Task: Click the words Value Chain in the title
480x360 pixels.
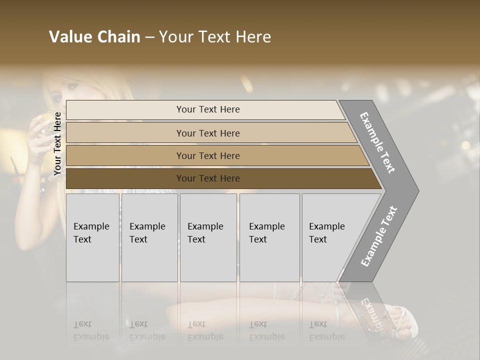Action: click(94, 37)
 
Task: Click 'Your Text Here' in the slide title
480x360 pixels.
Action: click(215, 37)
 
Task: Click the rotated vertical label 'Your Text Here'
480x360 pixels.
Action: click(57, 143)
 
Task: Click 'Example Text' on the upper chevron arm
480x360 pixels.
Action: click(377, 142)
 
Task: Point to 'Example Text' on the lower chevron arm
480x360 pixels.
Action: click(379, 236)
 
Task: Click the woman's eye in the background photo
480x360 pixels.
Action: click(57, 96)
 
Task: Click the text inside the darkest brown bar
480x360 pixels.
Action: click(208, 178)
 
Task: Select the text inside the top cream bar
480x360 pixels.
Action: click(208, 109)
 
